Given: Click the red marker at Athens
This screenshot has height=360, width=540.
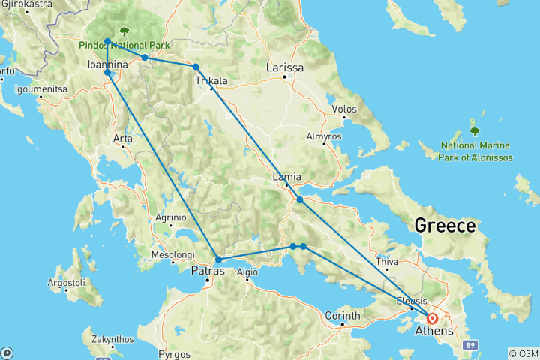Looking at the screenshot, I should [433, 318].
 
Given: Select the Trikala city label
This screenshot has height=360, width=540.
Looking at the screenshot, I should [211, 79].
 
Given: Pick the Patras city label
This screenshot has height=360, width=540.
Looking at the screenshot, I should [208, 271].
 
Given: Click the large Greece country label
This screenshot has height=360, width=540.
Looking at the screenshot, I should [445, 225].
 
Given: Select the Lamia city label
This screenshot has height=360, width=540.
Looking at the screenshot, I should [288, 177].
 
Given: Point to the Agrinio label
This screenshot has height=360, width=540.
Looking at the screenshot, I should [170, 217].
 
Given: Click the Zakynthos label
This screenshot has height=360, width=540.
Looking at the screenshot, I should [114, 339].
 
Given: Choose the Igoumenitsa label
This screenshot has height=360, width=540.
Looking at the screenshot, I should [41, 89].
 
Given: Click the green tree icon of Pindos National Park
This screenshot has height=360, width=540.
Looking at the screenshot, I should [123, 31].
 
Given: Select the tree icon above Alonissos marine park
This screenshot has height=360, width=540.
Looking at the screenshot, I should [474, 132].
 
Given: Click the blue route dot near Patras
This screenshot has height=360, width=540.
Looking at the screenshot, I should [217, 259].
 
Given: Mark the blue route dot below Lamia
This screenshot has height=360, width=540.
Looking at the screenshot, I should [299, 200].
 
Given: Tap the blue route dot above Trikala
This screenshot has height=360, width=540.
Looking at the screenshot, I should [196, 67].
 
